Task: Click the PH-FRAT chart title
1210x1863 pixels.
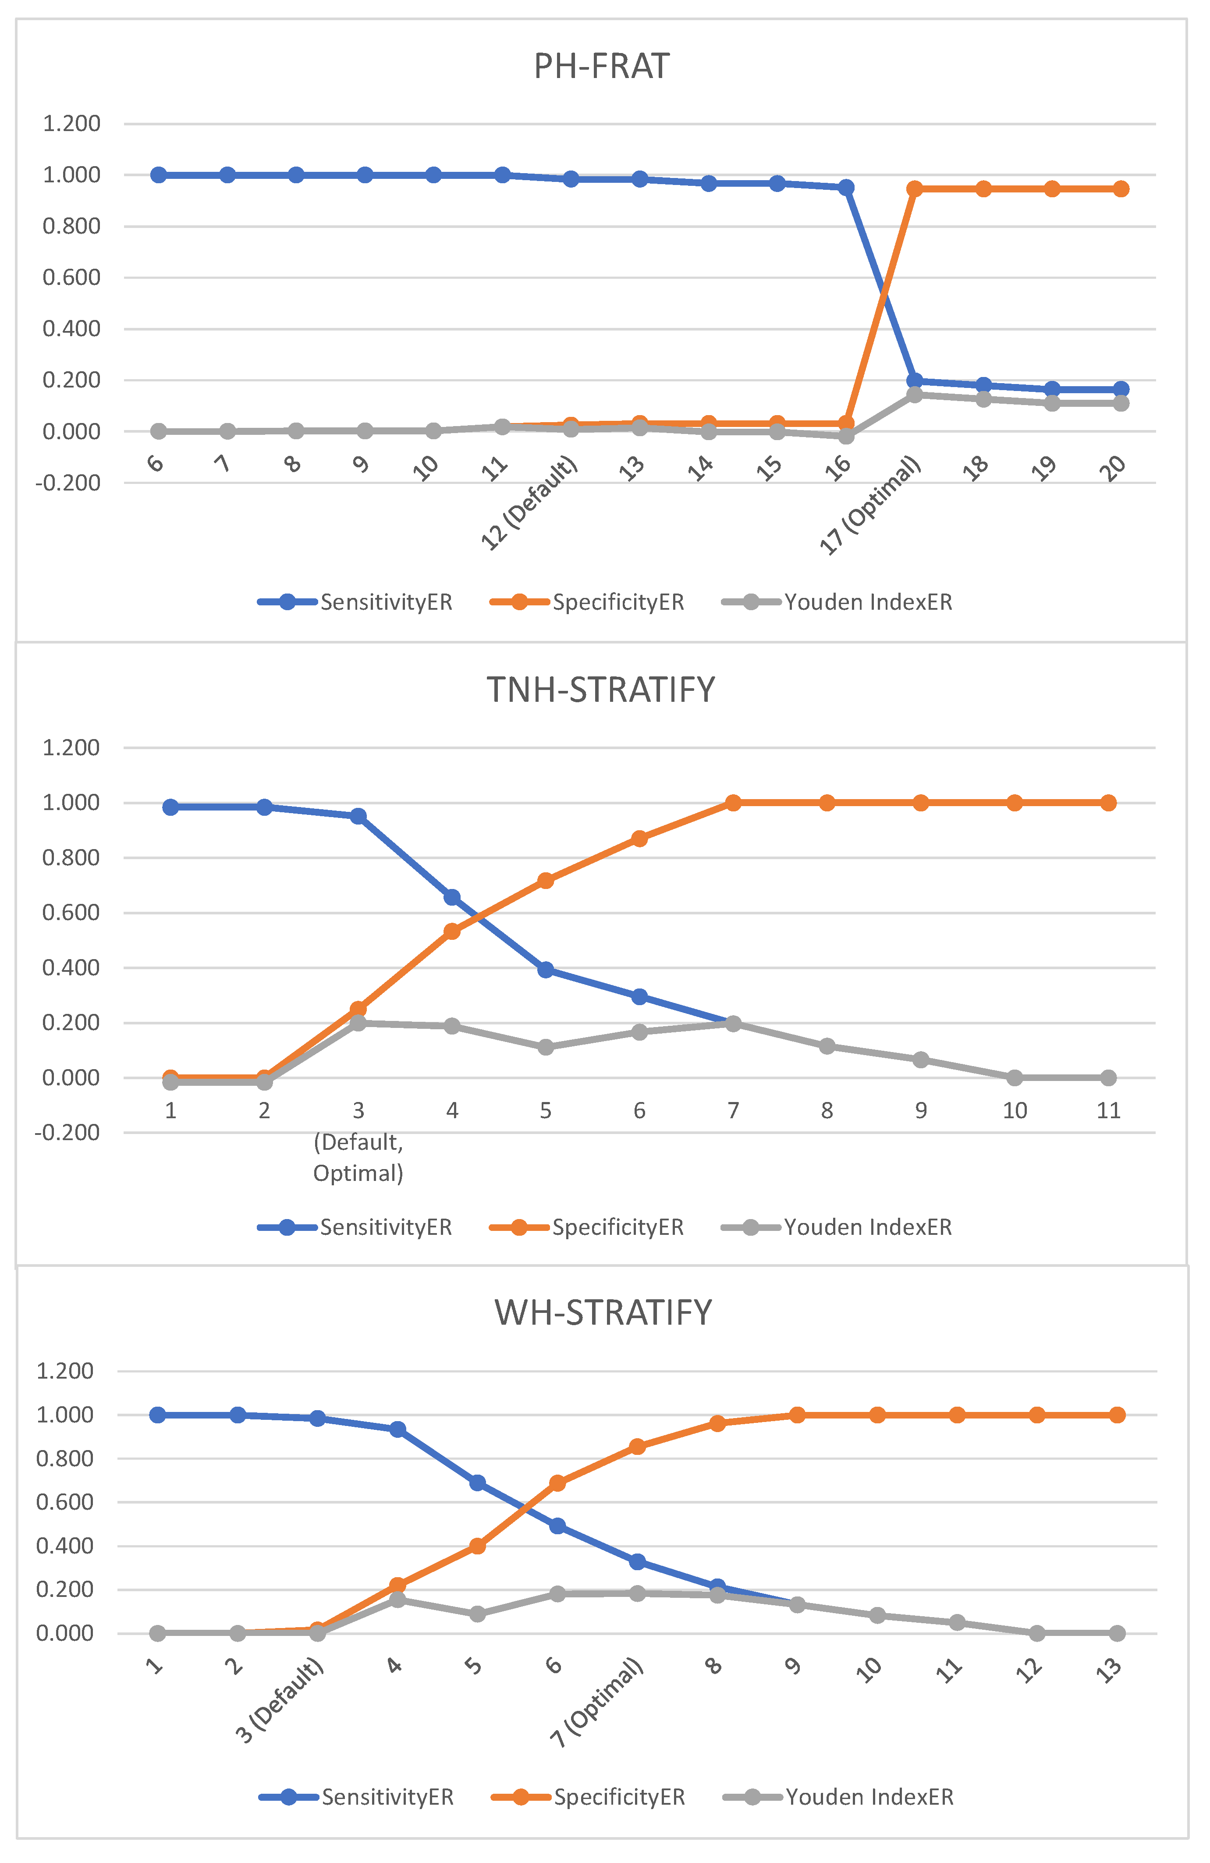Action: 601,67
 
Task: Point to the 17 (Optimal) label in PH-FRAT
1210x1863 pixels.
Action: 870,506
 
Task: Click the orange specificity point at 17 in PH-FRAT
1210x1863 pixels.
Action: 914,188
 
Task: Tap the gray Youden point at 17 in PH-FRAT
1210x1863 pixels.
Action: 914,395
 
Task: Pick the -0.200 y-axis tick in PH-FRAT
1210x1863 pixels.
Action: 68,483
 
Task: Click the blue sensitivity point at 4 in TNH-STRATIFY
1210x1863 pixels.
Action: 451,897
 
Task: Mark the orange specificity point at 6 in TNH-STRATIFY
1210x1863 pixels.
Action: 639,838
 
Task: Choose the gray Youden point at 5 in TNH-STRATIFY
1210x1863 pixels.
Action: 546,1047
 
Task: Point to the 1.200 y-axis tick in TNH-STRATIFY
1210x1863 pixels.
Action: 71,747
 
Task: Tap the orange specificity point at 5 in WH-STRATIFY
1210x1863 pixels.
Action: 477,1546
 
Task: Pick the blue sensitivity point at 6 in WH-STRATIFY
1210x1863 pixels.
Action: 557,1525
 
